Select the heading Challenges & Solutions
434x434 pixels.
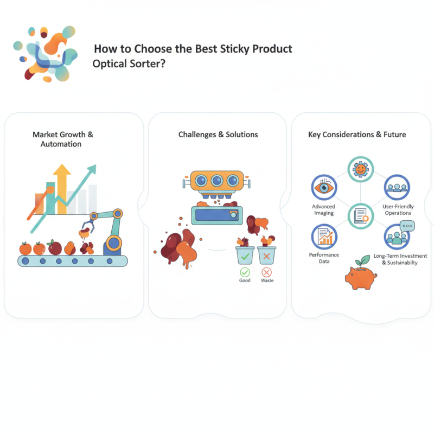(x=218, y=134)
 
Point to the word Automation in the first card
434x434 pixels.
(x=61, y=144)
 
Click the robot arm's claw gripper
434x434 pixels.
(x=87, y=222)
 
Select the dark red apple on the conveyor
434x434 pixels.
(x=55, y=248)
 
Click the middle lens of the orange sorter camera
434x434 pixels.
(x=218, y=181)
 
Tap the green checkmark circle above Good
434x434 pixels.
(x=245, y=272)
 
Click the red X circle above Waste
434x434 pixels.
(x=266, y=272)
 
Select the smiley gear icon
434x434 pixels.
(x=360, y=170)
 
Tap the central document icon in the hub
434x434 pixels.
(x=360, y=215)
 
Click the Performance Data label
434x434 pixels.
(x=324, y=258)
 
